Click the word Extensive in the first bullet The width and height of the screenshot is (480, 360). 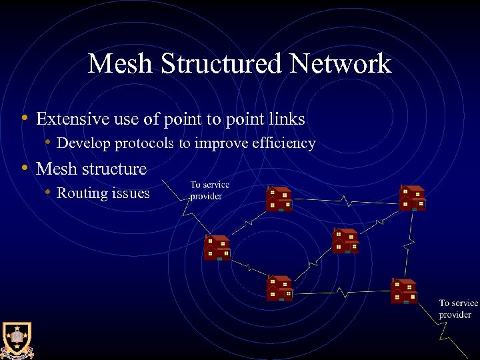click(x=68, y=119)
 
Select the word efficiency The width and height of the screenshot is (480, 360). click(x=282, y=143)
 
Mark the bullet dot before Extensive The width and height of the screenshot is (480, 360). click(x=24, y=119)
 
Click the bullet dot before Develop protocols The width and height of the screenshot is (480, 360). click(x=47, y=143)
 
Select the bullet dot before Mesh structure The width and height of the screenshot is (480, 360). click(x=24, y=168)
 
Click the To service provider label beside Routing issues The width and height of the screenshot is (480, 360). click(x=209, y=191)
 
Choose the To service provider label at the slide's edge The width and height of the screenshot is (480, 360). click(x=458, y=309)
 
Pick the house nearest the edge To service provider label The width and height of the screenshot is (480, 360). click(x=404, y=291)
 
